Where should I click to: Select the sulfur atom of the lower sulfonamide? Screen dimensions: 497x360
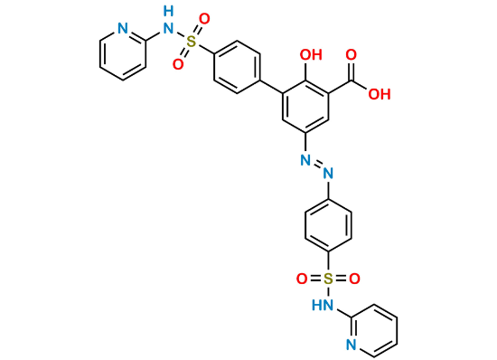pyautogui.click(x=328, y=277)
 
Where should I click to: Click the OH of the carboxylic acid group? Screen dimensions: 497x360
pyautogui.click(x=380, y=92)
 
